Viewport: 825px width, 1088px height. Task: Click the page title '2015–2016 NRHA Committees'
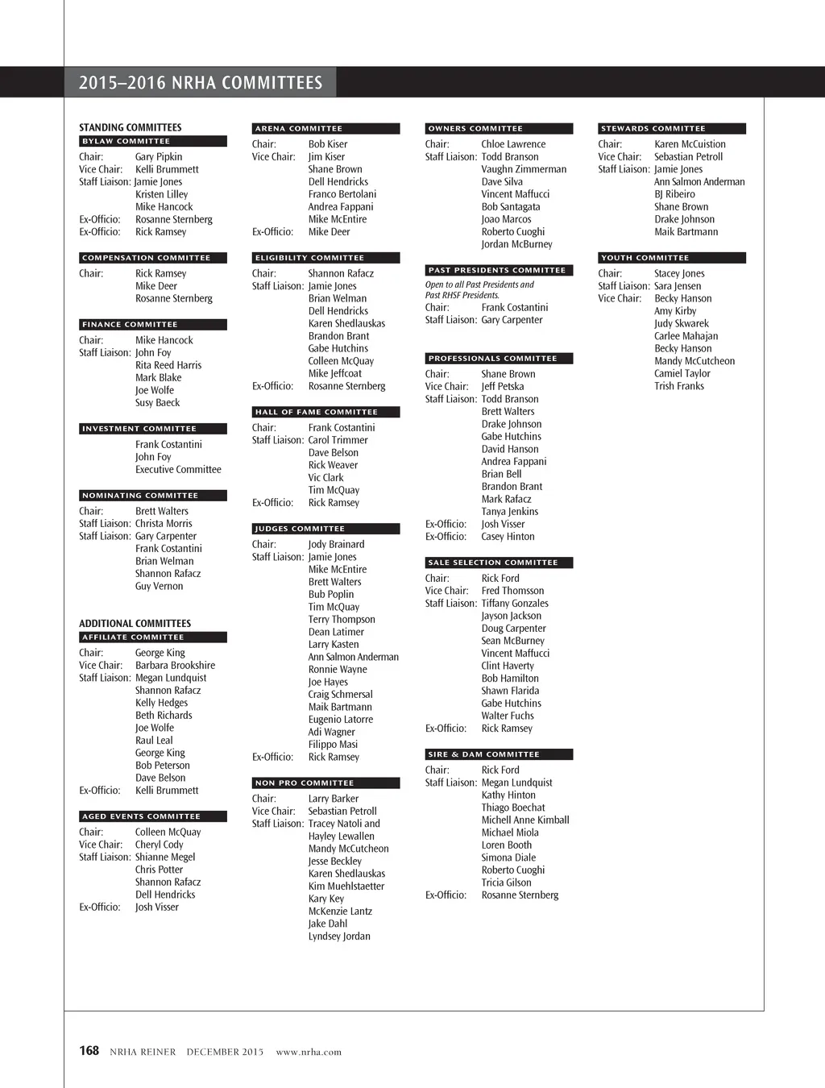pyautogui.click(x=201, y=83)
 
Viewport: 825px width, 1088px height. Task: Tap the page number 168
pyautogui.click(x=89, y=1051)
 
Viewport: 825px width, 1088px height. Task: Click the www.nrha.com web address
pyautogui.click(x=309, y=1052)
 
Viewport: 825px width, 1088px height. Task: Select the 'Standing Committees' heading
pyautogui.click(x=131, y=127)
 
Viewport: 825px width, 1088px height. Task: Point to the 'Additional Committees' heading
pyautogui.click(x=135, y=623)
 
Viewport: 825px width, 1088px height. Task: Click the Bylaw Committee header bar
pyautogui.click(x=153, y=141)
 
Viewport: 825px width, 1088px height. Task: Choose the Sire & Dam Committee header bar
pyautogui.click(x=499, y=754)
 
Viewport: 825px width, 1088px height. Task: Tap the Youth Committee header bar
pyautogui.click(x=672, y=258)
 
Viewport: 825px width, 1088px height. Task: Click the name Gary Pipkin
pyautogui.click(x=159, y=156)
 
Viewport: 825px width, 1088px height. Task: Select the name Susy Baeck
pyautogui.click(x=157, y=402)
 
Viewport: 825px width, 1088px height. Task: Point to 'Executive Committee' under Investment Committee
pyautogui.click(x=178, y=469)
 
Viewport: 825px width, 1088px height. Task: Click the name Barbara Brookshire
pyautogui.click(x=175, y=665)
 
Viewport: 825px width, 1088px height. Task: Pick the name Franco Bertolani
pyautogui.click(x=342, y=194)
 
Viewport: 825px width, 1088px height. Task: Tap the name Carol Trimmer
pyautogui.click(x=338, y=440)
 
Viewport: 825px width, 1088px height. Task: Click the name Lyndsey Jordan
pyautogui.click(x=339, y=936)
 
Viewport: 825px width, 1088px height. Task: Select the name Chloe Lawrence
pyautogui.click(x=513, y=144)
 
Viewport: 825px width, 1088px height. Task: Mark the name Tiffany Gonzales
pyautogui.click(x=515, y=603)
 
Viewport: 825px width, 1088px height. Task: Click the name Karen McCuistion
pyautogui.click(x=690, y=144)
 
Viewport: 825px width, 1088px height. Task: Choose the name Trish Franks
pyautogui.click(x=679, y=386)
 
